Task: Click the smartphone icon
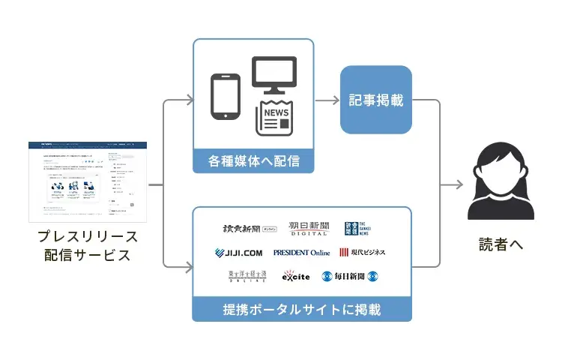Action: point(226,96)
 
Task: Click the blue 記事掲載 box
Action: point(376,100)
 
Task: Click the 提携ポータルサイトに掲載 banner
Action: point(301,309)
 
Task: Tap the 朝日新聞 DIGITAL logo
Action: point(309,228)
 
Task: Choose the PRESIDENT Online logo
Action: point(301,252)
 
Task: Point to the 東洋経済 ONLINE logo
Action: point(247,277)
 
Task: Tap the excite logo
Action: point(296,277)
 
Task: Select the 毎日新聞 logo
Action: point(354,277)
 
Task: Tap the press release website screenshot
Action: point(88,181)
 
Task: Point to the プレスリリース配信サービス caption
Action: point(88,247)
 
